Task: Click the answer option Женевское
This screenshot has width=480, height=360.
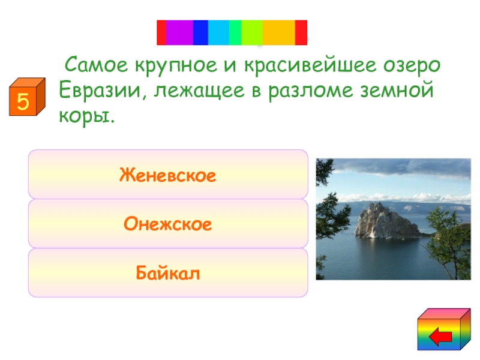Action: pyautogui.click(x=168, y=174)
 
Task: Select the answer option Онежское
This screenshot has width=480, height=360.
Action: pyautogui.click(x=168, y=223)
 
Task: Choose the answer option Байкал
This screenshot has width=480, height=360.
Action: pyautogui.click(x=168, y=272)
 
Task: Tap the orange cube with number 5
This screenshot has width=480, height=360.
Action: pyautogui.click(x=27, y=97)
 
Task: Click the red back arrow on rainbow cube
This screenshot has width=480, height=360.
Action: pyautogui.click(x=440, y=337)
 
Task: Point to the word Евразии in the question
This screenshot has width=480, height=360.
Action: pyautogui.click(x=100, y=91)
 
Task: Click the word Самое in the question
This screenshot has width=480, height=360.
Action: pyautogui.click(x=96, y=65)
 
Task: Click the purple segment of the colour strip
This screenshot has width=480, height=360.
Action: pyautogui.click(x=179, y=33)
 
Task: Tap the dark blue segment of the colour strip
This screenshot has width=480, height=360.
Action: pyautogui.click(x=200, y=33)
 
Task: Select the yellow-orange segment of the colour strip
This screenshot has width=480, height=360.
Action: pyautogui.click(x=278, y=33)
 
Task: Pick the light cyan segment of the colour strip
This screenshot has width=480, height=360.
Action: pyautogui.click(x=218, y=33)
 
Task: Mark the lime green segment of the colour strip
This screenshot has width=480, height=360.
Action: pyautogui.click(x=251, y=33)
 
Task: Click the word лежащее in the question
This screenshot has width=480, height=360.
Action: pyautogui.click(x=199, y=91)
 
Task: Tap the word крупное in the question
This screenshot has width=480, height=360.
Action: pyautogui.click(x=176, y=66)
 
